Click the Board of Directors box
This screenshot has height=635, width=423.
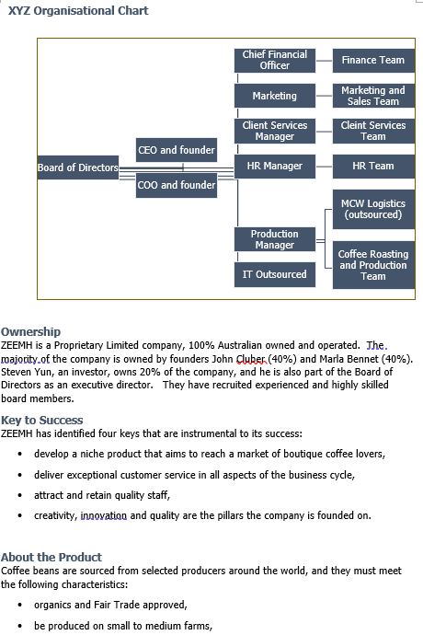pos(78,167)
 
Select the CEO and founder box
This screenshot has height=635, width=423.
pos(176,150)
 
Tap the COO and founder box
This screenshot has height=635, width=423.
pos(176,185)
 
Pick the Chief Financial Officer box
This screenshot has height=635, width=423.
pos(274,60)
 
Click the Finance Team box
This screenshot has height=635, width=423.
pos(372,60)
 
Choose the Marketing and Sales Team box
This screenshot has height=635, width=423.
pos(372,96)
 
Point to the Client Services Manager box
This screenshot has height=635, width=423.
pos(274,131)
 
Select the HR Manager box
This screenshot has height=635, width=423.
pos(274,166)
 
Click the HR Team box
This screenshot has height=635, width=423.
pos(372,166)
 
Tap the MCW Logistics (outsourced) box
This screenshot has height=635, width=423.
pos(372,209)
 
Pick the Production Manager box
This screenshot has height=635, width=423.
pos(274,239)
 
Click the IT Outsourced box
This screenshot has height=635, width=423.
pos(274,274)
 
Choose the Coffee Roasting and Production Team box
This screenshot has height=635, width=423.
pos(372,264)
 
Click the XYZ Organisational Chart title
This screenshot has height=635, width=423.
pos(78,11)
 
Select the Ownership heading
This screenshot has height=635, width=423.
pos(30,331)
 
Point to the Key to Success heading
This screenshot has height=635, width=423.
pos(41,421)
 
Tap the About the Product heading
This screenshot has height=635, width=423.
pos(51,557)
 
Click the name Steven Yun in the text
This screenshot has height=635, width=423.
pos(27,372)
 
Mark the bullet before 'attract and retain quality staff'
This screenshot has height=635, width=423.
pos(21,495)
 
